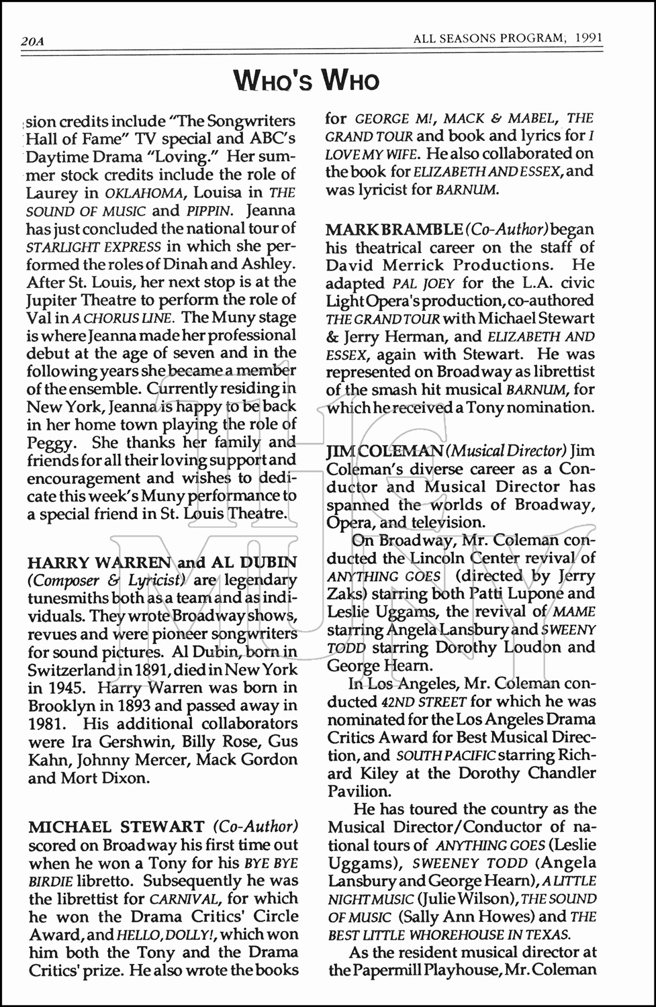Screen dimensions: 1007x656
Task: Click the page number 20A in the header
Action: pos(32,42)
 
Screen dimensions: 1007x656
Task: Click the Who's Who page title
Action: pos(307,81)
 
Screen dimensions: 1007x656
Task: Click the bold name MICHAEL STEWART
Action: pos(116,826)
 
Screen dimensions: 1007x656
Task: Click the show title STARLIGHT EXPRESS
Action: pos(94,247)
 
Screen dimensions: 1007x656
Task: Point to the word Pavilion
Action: pos(355,791)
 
